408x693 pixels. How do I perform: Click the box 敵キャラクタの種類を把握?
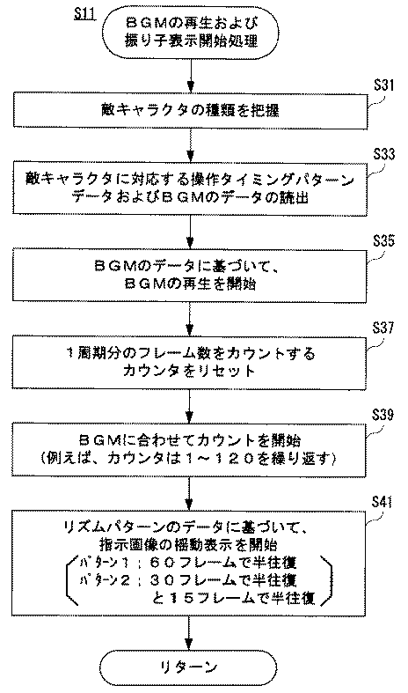191,111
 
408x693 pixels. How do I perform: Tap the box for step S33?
191,189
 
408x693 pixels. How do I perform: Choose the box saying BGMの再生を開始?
191,276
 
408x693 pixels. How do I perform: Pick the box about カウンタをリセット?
191,363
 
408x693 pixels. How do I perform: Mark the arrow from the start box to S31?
190,74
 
